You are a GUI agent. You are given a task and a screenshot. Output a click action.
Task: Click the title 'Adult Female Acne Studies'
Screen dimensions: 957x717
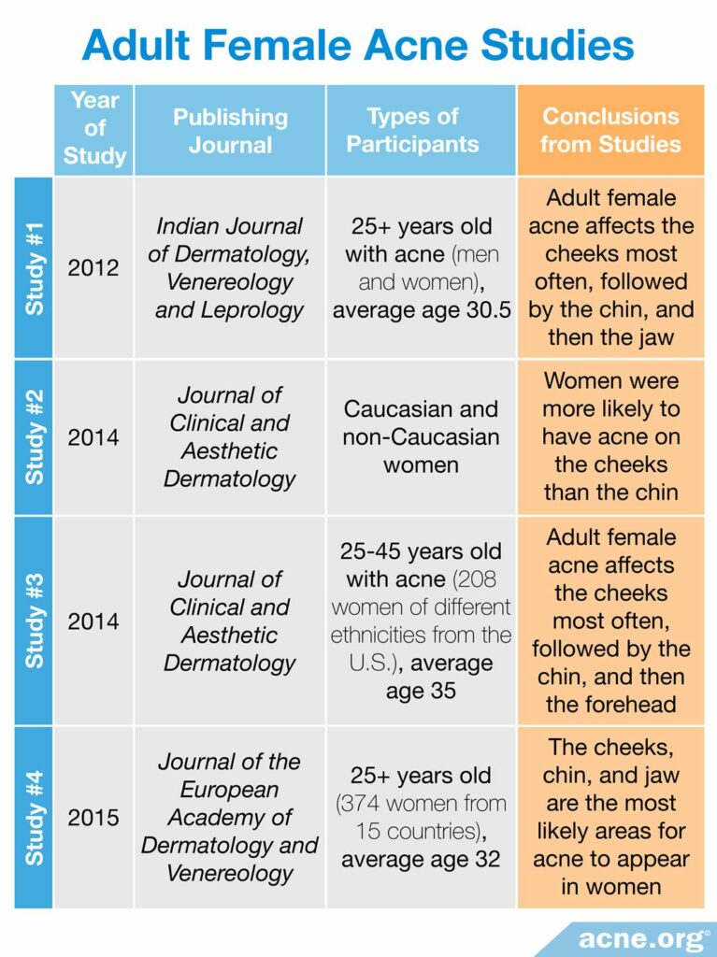(x=358, y=44)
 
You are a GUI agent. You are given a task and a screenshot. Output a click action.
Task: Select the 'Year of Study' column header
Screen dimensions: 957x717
(x=94, y=128)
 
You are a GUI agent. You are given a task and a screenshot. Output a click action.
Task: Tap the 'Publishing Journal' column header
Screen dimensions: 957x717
(x=230, y=131)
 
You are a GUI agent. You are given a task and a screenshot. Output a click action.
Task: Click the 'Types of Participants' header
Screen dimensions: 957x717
(x=421, y=130)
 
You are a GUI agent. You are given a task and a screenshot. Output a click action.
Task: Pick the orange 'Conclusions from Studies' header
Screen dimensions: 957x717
(x=610, y=130)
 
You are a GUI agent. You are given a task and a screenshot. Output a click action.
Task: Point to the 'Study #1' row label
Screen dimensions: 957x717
(x=34, y=267)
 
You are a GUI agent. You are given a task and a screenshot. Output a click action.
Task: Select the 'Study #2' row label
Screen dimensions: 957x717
(x=34, y=436)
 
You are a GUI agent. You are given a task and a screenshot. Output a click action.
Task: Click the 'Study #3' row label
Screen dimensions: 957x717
(x=34, y=621)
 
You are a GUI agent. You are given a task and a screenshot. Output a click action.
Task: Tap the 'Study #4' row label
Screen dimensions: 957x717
(x=34, y=817)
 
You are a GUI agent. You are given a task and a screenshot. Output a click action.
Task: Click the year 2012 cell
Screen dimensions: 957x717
(x=93, y=268)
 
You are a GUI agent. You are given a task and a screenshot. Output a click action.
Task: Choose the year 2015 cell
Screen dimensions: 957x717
(x=93, y=818)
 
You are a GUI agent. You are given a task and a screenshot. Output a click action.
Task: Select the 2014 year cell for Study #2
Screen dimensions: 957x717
(x=93, y=437)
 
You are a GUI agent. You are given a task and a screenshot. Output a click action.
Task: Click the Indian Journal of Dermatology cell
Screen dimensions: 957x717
(x=230, y=268)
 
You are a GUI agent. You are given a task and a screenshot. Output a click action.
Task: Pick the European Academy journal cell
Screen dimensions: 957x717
(x=230, y=818)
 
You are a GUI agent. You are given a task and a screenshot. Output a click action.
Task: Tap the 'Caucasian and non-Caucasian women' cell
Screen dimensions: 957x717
(x=421, y=436)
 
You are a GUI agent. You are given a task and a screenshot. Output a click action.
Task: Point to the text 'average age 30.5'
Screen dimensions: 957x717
(x=421, y=310)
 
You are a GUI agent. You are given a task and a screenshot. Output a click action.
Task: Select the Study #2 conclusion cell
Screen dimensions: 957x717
(x=610, y=436)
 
